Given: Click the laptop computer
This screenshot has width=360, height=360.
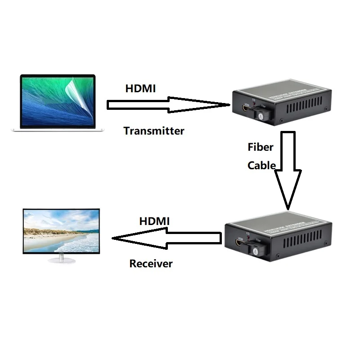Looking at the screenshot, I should pyautogui.click(x=58, y=103).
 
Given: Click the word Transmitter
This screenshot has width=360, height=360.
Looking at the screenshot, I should pyautogui.click(x=154, y=131).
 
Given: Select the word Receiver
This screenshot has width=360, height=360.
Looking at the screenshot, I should pyautogui.click(x=151, y=263).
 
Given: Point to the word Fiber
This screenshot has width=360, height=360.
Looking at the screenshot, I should pyautogui.click(x=261, y=147).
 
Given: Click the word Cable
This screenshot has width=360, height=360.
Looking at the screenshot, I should pyautogui.click(x=261, y=165).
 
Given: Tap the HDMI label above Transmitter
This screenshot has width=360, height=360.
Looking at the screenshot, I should pyautogui.click(x=140, y=89).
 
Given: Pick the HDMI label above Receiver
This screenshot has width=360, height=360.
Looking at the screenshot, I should pyautogui.click(x=154, y=221).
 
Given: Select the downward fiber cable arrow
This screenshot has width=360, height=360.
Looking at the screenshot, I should pyautogui.click(x=288, y=171).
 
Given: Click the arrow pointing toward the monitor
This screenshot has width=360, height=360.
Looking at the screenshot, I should pyautogui.click(x=166, y=238).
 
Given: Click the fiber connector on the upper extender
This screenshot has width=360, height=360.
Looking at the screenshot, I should pyautogui.click(x=260, y=114).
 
